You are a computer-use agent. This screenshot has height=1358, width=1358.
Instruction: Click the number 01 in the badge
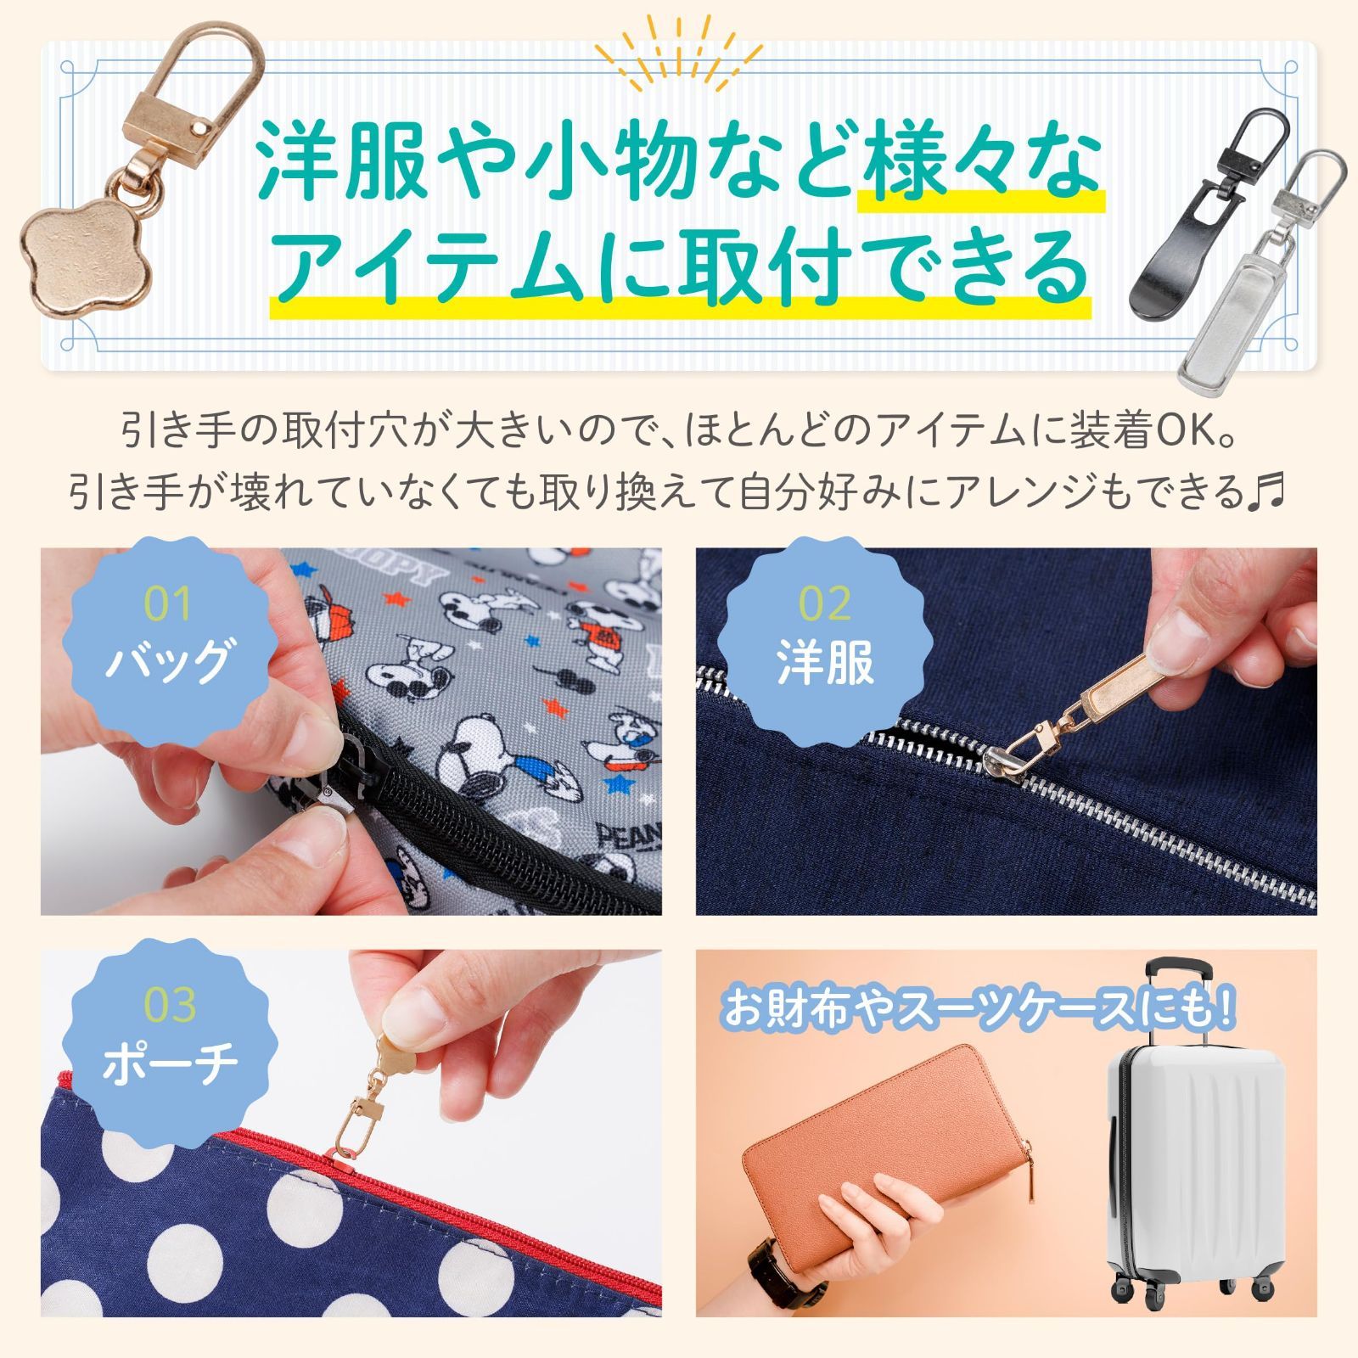coord(168,604)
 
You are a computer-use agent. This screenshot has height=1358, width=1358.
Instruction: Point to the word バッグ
coord(168,662)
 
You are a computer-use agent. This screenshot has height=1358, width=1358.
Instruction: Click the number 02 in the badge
coord(825,604)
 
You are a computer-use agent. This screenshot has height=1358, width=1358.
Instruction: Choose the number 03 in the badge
coord(170,1005)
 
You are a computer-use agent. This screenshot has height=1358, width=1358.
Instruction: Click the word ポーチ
coord(170,1063)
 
